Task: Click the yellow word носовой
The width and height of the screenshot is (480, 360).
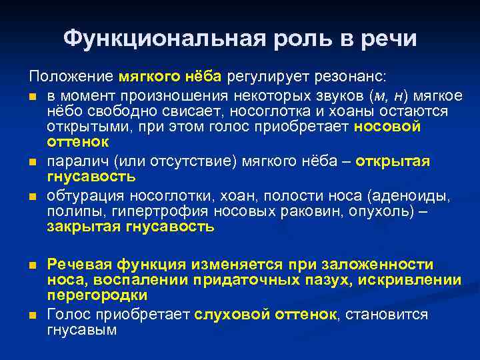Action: tap(388, 127)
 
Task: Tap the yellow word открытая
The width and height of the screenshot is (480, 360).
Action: tap(393, 162)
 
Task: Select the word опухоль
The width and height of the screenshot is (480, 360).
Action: tap(381, 212)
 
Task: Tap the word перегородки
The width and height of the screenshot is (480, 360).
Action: tap(97, 295)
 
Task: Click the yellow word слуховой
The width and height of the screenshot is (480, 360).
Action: tap(229, 314)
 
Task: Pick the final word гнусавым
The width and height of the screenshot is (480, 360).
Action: tap(82, 329)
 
